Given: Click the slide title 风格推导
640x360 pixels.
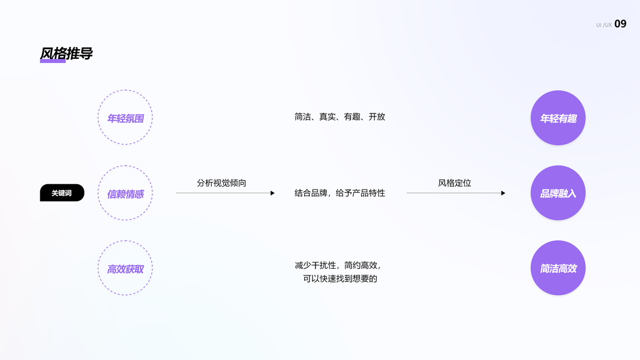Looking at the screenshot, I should [x=66, y=53].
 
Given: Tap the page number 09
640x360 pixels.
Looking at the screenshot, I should [x=620, y=24].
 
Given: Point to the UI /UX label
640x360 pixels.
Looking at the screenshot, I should [x=603, y=25].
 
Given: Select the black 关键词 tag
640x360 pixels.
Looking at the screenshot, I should [x=62, y=193].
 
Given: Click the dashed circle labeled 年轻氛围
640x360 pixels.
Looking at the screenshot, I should [x=125, y=118].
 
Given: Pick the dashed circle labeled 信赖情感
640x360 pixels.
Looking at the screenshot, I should [x=125, y=193].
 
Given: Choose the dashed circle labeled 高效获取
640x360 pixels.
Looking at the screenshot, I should [x=125, y=268].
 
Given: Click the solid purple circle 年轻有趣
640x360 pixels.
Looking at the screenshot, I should [x=558, y=118].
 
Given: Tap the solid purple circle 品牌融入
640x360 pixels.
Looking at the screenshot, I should [x=558, y=193].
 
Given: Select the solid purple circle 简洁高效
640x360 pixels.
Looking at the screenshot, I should [x=558, y=268].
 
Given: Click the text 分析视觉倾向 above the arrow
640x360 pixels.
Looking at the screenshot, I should [x=221, y=182].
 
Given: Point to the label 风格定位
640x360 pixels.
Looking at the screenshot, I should [x=455, y=182].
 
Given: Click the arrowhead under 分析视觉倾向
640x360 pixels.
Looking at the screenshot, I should [x=272, y=193].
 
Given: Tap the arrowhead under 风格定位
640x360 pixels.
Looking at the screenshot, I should [x=503, y=193].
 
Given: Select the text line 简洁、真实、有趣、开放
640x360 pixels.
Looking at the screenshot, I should [x=339, y=117].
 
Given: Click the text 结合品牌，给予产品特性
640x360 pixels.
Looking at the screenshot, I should [x=339, y=193].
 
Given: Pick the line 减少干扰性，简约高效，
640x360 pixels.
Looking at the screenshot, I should [x=338, y=265].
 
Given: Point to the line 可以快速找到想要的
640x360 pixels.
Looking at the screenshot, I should [x=340, y=278].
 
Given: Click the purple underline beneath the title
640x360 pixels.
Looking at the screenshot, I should [x=53, y=61].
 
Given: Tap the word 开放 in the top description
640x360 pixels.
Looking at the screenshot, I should [x=377, y=117].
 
